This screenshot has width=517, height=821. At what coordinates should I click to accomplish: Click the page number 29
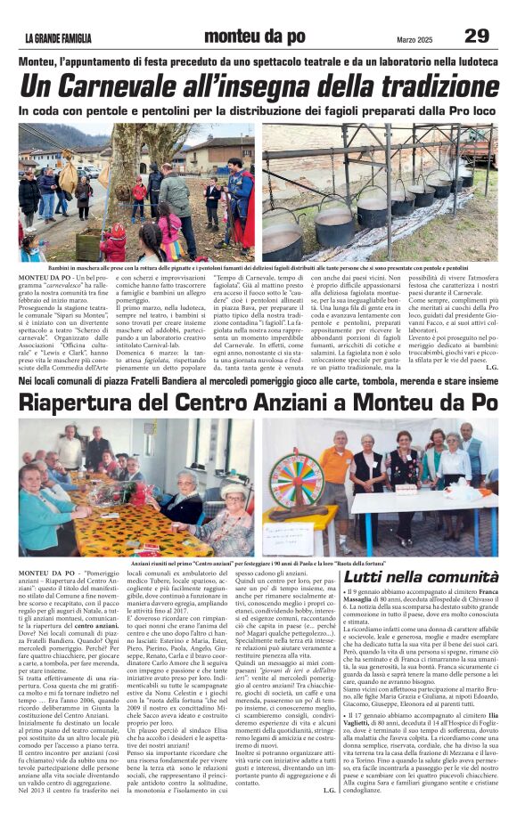point(477,35)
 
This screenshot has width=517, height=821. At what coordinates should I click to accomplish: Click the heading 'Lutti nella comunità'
point(420,576)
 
